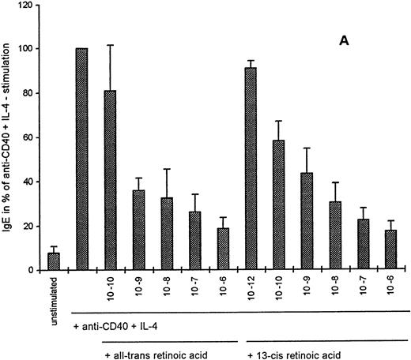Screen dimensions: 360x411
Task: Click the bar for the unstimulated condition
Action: pos(54,261)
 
